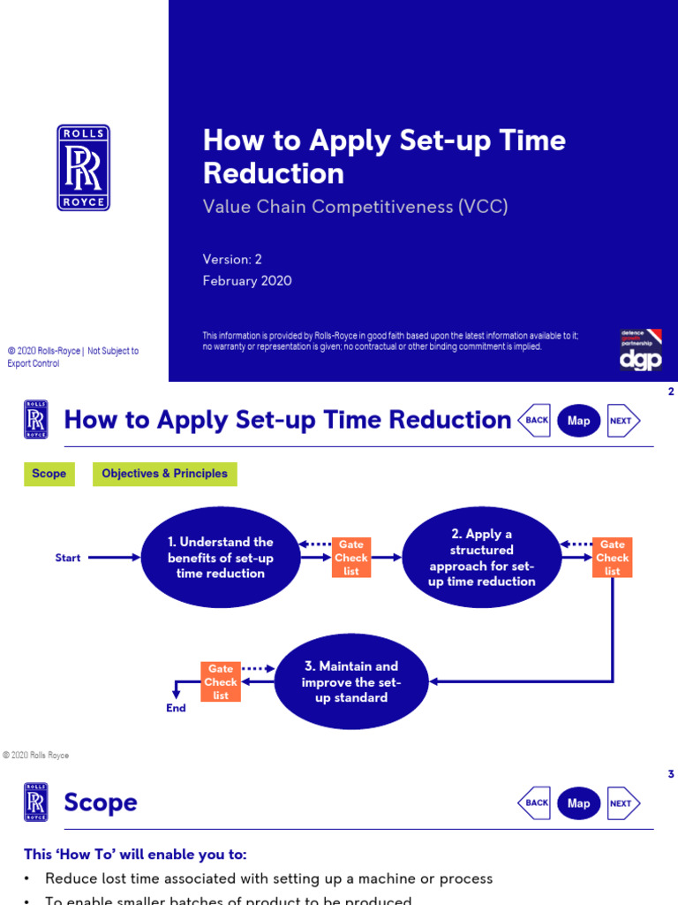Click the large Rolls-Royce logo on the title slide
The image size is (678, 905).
(84, 167)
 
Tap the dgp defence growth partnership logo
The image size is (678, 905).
(641, 350)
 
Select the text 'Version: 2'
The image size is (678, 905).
(232, 259)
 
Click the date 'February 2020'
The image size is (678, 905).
(247, 281)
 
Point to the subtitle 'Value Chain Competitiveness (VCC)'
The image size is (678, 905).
(356, 207)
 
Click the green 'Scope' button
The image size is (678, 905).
(49, 474)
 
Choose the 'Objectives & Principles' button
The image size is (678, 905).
(164, 474)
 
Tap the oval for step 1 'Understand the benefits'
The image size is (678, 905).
(221, 558)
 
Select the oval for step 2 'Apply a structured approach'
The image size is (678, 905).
(482, 558)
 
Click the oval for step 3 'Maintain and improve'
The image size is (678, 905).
(351, 682)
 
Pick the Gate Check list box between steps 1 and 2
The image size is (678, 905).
(351, 558)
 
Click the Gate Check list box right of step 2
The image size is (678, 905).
(612, 558)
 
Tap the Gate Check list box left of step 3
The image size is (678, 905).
(221, 682)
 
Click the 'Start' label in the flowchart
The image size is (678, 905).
(68, 558)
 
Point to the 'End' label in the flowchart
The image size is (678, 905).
(177, 708)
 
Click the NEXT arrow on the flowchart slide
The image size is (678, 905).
(622, 421)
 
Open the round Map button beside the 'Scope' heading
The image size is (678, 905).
(579, 803)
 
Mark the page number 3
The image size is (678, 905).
(671, 774)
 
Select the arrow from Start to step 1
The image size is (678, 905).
(115, 558)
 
